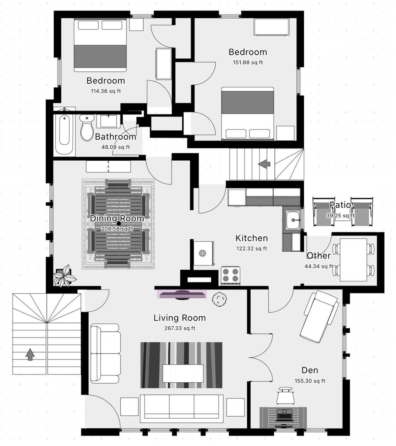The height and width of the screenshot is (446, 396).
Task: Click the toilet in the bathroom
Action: click(x=87, y=128)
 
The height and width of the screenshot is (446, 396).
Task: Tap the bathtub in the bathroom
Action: click(x=64, y=134)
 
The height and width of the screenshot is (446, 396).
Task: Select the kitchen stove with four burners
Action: click(x=230, y=276)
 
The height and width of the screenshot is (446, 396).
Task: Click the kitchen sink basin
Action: click(x=293, y=220)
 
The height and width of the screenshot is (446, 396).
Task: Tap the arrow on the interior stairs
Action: click(x=264, y=164)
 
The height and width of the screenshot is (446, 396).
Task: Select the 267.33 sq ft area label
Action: click(x=180, y=328)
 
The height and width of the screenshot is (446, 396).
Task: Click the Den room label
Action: click(x=310, y=370)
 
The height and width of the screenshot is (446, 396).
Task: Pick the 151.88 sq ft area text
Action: click(x=248, y=62)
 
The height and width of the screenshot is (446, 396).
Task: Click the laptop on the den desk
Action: click(x=284, y=415)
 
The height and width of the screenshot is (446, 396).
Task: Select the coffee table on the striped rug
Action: click(x=183, y=373)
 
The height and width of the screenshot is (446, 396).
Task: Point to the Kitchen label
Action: click(x=252, y=238)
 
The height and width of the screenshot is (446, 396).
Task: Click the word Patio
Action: click(x=340, y=205)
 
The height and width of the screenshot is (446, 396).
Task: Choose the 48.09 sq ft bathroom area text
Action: click(x=116, y=147)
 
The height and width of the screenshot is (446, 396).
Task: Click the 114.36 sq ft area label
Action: click(x=106, y=91)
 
